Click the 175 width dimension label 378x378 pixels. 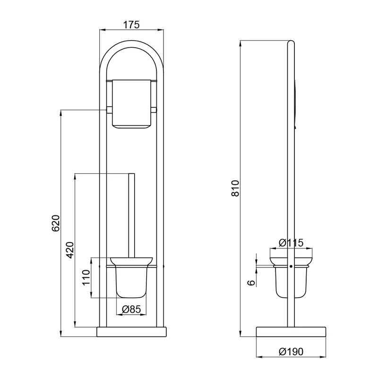click(x=131, y=25)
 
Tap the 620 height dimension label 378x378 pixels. click(x=56, y=223)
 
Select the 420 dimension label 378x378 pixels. click(x=70, y=250)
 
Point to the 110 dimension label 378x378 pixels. click(x=86, y=278)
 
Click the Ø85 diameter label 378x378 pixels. click(x=131, y=309)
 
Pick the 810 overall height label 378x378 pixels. click(x=235, y=188)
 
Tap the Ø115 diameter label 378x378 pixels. click(x=291, y=243)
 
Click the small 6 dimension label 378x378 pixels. click(x=251, y=283)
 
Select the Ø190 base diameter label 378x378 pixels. click(x=291, y=352)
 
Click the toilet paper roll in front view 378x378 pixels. click(x=132, y=103)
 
